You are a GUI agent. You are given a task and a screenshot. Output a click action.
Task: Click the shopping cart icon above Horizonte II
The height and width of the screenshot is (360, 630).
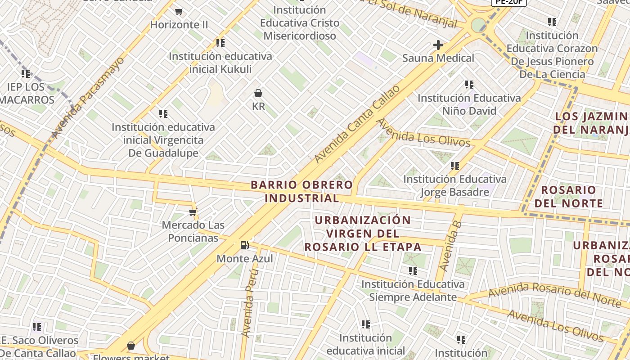pos(179,11)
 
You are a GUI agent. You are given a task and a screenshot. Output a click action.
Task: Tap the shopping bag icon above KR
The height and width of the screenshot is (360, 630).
pos(258,93)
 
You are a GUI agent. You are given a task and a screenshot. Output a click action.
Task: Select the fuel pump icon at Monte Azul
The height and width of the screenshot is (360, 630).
pos(245,245)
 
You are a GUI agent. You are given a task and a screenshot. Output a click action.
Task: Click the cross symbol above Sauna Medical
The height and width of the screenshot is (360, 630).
pos(438,45)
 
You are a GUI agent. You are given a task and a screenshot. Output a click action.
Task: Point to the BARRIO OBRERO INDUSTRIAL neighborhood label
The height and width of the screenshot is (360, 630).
pos(301,191)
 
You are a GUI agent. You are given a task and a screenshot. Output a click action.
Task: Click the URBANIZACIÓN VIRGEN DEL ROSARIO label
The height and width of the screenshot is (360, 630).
pos(363,234)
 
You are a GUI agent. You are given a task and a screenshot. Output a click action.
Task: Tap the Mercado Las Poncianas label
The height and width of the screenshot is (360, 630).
pos(193,231)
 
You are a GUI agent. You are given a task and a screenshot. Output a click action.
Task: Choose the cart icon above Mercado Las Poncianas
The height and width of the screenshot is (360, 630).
pos(193,212)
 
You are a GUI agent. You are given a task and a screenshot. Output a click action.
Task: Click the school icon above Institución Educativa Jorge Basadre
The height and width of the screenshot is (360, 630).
pos(455,166)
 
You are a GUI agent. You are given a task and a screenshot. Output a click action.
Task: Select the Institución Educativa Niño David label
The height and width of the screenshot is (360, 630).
pos(469,104)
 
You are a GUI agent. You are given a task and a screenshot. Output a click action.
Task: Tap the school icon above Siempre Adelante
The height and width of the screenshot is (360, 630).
pos(413,271)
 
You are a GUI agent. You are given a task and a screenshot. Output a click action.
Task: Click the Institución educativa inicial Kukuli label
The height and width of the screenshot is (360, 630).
pos(220,63)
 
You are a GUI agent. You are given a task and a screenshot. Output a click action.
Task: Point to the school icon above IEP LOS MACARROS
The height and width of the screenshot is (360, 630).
pos(26,73)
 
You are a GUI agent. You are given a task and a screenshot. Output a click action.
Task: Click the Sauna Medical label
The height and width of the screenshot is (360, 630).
pos(438,58)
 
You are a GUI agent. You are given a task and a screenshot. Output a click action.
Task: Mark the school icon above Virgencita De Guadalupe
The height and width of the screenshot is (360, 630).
pos(163,114)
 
